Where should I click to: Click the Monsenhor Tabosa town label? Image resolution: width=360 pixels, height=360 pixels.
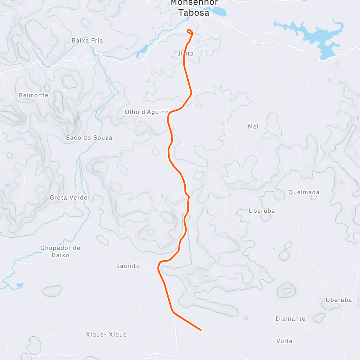coord(194,8)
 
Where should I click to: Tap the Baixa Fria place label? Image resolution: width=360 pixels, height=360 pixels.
coord(87,40)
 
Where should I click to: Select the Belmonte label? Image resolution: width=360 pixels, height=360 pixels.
coord(33,95)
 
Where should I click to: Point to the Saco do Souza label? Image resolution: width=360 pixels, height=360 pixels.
coord(89,138)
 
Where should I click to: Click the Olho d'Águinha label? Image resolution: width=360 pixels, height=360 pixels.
coord(147,112)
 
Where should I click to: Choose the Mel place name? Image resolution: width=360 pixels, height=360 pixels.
coord(253,127)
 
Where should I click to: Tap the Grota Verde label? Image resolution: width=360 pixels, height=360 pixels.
coord(69,198)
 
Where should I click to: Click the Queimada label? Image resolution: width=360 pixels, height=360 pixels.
coord(304,192)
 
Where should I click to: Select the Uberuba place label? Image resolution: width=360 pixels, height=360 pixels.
coord(262,211)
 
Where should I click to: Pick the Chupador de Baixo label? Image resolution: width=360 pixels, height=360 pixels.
coord(60,251)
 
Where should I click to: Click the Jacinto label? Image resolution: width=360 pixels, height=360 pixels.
coord(128,266)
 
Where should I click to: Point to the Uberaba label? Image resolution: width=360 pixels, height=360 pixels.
coord(339,300)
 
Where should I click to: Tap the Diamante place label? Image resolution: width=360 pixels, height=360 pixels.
coord(290,319)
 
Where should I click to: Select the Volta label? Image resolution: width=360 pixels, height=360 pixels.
coord(284,341)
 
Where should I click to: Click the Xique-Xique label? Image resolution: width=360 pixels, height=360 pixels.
coord(106,335)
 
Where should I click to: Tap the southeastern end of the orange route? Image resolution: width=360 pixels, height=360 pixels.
coord(200,330)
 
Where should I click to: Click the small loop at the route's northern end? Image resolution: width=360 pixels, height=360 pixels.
coord(190,31)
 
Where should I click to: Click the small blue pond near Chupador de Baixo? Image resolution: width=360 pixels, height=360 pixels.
coord(20,285)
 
